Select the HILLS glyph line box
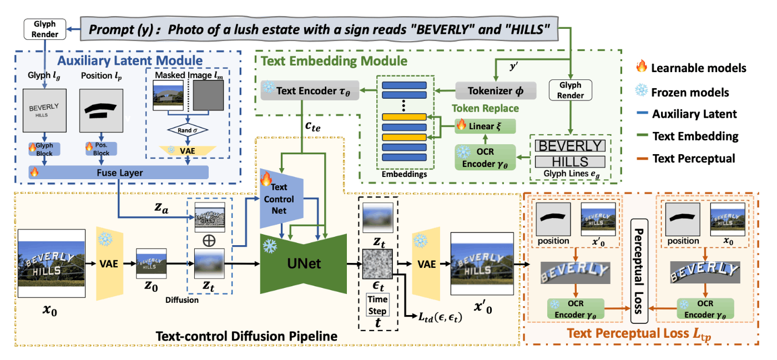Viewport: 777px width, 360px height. coord(569,162)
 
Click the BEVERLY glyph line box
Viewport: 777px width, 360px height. coord(569,146)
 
